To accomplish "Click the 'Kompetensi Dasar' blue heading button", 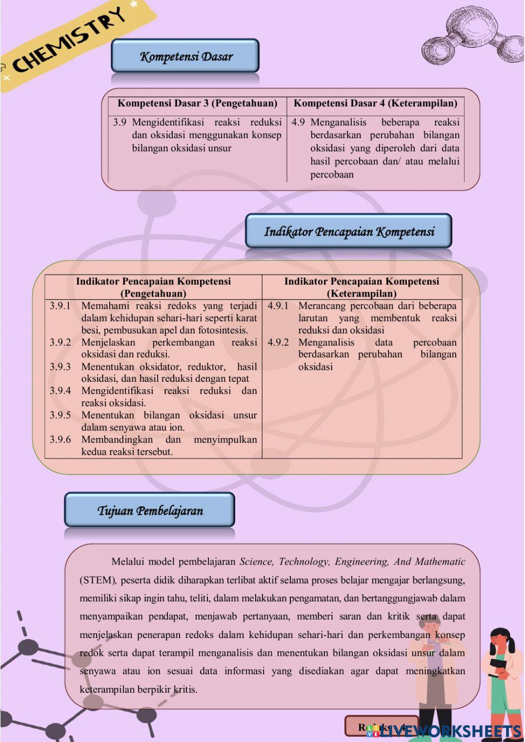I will tap(185, 56).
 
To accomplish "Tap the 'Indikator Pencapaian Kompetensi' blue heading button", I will tap(349, 231).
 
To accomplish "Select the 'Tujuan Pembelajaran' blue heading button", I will tap(150, 510).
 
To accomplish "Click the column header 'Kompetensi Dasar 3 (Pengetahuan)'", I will tap(197, 103).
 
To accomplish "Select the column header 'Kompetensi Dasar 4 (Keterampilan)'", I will tap(375, 103).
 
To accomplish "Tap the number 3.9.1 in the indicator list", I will tap(60, 306).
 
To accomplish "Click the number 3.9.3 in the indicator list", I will tap(60, 367).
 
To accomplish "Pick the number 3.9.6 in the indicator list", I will tap(60, 440).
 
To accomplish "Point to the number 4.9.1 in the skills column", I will tap(278, 306).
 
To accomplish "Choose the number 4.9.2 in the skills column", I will tap(278, 342).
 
